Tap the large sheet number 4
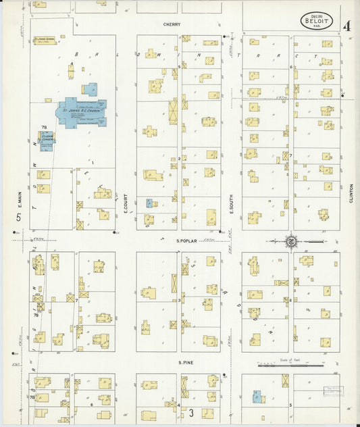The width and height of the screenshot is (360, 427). (x=346, y=27)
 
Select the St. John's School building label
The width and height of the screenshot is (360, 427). (x=48, y=40)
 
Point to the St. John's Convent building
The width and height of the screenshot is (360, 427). (x=46, y=141)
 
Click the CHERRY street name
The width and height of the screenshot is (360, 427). (x=171, y=24)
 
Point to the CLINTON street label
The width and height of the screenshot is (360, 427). (x=351, y=193)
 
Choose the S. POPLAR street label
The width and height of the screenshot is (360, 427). (x=186, y=240)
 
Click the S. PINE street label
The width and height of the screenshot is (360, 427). (x=186, y=363)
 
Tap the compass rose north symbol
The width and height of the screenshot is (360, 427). (x=292, y=240)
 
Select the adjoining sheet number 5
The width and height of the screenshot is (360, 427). (x=19, y=218)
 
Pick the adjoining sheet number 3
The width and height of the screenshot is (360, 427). (x=191, y=411)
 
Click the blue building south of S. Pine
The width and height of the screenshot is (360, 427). (x=257, y=397)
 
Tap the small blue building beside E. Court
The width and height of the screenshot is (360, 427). (x=149, y=203)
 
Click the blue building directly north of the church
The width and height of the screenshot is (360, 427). (x=89, y=89)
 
